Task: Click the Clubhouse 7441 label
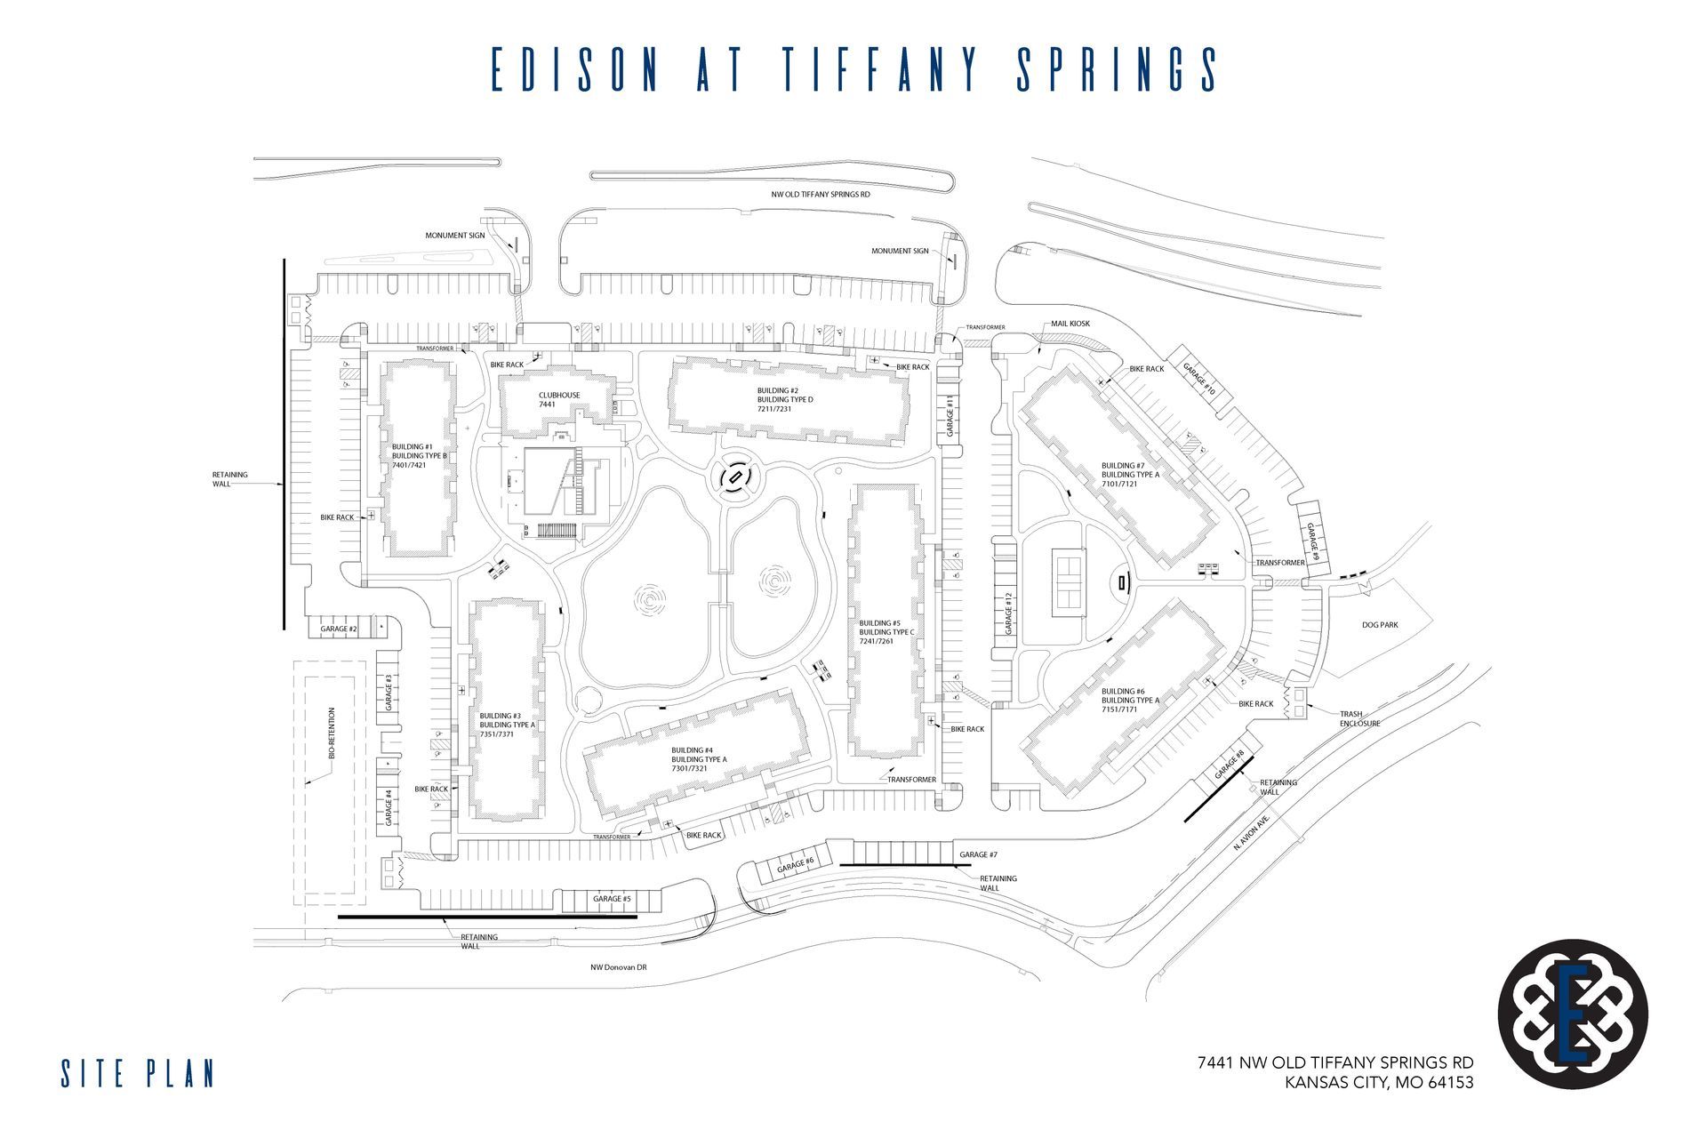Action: coord(559,399)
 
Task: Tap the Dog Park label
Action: coord(1380,625)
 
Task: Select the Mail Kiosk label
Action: coord(1070,324)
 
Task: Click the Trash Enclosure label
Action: coord(1359,718)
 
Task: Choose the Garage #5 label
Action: coord(612,899)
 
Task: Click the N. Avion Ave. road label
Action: coord(1254,834)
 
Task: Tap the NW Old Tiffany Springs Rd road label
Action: coord(821,193)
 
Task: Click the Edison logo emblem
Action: coord(1572,1015)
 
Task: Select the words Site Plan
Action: coord(138,1073)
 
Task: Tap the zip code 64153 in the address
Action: coord(1446,1083)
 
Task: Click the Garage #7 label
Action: coord(979,854)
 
